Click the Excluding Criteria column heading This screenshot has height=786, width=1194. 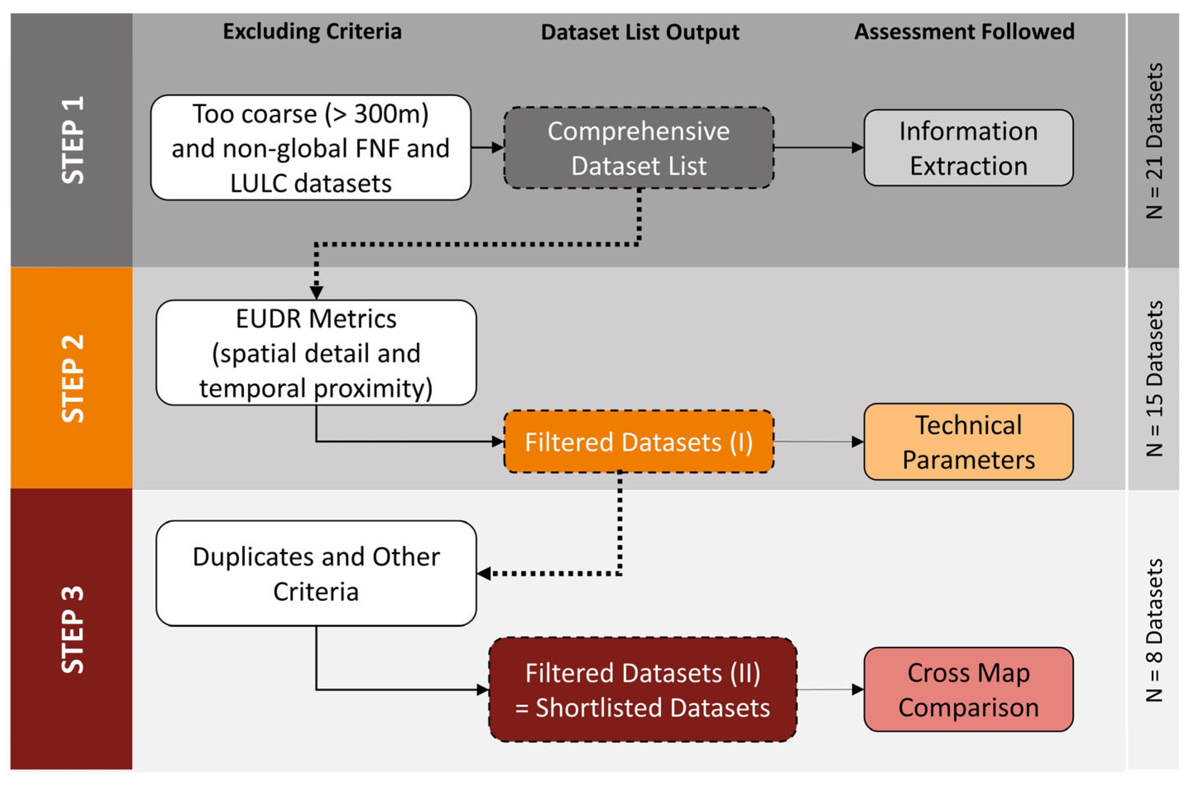click(312, 31)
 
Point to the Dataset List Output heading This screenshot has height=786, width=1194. click(640, 33)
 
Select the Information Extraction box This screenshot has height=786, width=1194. click(968, 148)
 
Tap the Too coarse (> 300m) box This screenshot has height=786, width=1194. click(311, 148)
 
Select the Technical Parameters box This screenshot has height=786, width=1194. click(968, 442)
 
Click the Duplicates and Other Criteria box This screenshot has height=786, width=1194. click(316, 573)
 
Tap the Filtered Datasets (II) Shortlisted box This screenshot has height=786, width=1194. click(643, 690)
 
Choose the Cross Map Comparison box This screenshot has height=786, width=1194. click(968, 690)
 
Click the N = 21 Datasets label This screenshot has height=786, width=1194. click(1154, 140)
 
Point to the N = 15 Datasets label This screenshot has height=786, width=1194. click(1154, 378)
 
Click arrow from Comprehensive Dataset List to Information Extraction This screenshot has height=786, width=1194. click(818, 147)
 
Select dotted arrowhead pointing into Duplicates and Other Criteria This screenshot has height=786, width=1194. click(484, 573)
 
